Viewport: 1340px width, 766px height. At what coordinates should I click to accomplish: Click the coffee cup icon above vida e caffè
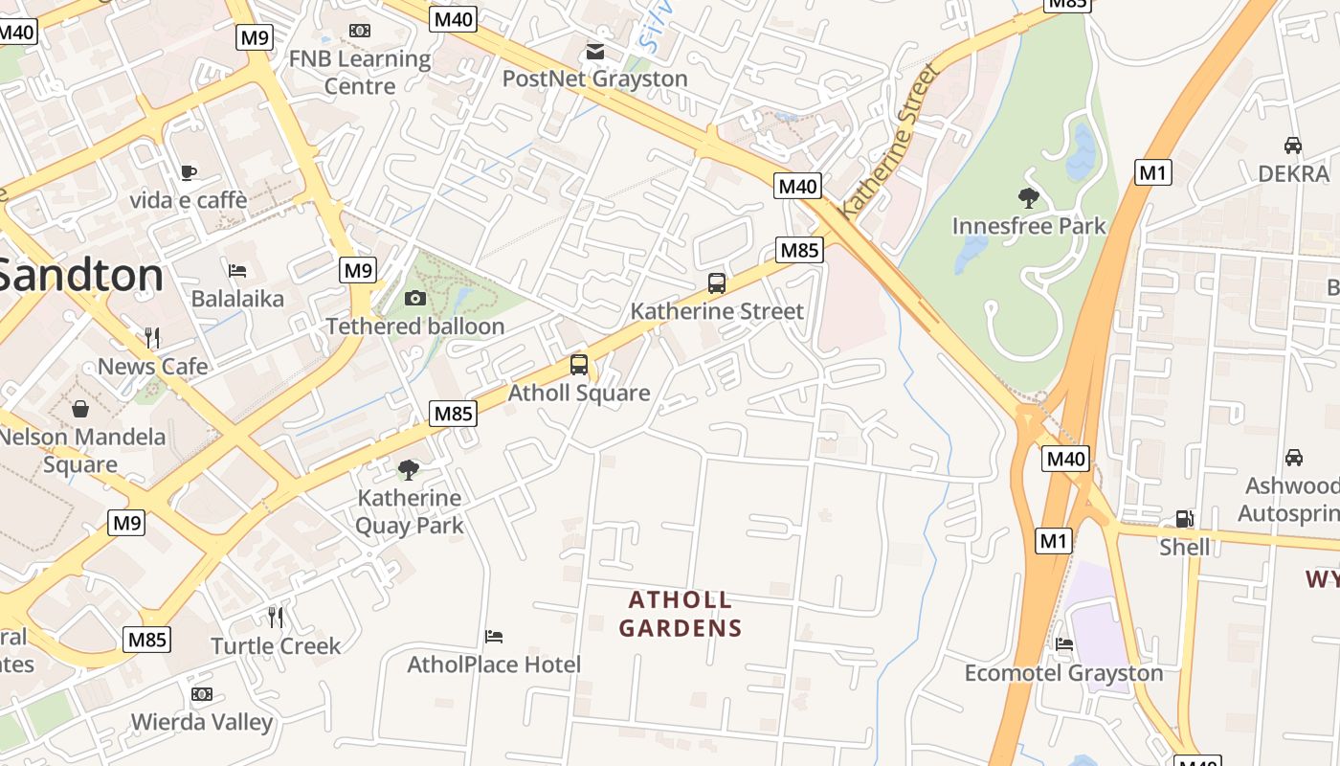189,172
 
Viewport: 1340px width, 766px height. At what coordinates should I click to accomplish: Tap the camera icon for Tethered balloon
414,298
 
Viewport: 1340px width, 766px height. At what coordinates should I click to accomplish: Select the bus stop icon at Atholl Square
578,364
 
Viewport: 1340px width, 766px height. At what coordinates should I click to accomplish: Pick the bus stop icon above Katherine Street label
716,282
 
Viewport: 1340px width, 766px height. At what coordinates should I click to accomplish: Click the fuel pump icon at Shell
1184,519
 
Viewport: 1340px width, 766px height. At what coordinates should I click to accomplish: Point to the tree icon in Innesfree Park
1029,198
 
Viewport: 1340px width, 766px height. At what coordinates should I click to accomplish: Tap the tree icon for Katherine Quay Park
409,469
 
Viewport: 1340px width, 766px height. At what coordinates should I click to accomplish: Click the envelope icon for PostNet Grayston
595,51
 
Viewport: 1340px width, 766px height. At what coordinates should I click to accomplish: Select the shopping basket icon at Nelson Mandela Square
80,409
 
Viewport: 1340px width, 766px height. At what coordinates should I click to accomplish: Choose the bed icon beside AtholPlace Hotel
494,636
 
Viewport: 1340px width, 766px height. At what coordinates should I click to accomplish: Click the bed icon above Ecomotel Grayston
1063,644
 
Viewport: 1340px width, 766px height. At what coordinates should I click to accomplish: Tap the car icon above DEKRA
1292,146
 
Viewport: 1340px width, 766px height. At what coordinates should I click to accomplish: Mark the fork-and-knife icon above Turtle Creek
276,617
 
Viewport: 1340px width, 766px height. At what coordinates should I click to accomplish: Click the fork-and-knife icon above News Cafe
152,337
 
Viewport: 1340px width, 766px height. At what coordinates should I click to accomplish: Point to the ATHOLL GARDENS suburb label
680,614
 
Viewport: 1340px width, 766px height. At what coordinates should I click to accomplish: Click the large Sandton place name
81,276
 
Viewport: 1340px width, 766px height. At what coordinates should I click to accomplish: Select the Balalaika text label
237,299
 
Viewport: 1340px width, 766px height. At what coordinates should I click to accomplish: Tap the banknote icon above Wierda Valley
201,693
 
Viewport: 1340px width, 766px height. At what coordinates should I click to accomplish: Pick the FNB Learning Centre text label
360,73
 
